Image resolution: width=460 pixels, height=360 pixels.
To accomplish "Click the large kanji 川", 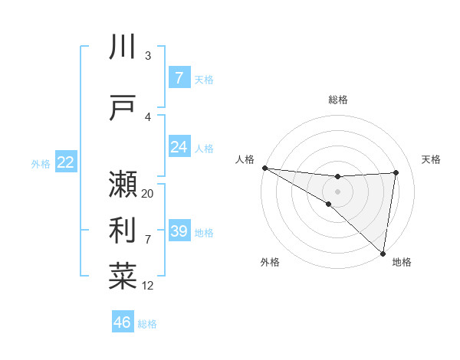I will pos(123,47).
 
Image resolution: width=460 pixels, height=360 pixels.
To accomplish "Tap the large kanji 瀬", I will pos(123,185).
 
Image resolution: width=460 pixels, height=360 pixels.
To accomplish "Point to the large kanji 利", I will pos(123,231).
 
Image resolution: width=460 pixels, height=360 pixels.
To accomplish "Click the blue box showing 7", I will pos(179,78).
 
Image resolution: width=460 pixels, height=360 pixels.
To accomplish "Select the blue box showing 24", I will pos(179,146).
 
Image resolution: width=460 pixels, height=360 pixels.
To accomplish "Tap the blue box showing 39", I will pos(179,231).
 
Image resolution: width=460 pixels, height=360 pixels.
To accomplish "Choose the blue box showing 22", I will pos(66,162).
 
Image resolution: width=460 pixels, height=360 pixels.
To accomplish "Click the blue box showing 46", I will pos(123,322).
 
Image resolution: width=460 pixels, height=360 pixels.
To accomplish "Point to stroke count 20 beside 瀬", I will pos(148,194).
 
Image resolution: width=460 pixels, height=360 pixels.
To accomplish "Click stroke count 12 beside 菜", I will pos(148,286).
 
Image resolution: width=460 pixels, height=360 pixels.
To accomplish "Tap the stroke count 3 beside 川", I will pos(148,55).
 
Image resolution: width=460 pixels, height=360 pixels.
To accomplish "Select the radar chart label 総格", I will pos(338,100).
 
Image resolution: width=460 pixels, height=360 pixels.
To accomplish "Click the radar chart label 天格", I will pos(432,159).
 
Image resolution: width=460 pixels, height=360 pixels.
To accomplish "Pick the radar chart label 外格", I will pos(270,262).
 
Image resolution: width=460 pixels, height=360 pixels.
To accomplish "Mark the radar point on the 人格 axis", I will pos(264,168).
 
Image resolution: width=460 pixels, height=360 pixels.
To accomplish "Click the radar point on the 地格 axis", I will pos(383,254).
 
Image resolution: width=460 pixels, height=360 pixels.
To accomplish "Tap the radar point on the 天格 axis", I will pos(396,172).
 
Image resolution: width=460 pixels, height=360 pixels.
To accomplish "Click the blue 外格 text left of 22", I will pos(41,163).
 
